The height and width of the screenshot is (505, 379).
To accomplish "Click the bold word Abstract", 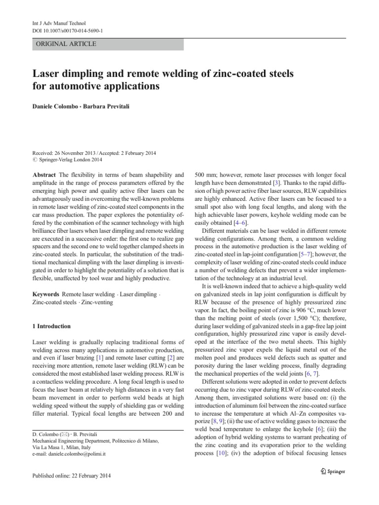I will tap(44, 175).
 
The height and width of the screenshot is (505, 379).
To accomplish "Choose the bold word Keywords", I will tap(46, 293).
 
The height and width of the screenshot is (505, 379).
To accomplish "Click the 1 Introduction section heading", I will tap(51, 326).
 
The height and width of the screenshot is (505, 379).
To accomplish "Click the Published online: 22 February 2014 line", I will tap(72, 476).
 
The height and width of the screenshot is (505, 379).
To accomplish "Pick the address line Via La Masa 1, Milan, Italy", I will tap(66, 445).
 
